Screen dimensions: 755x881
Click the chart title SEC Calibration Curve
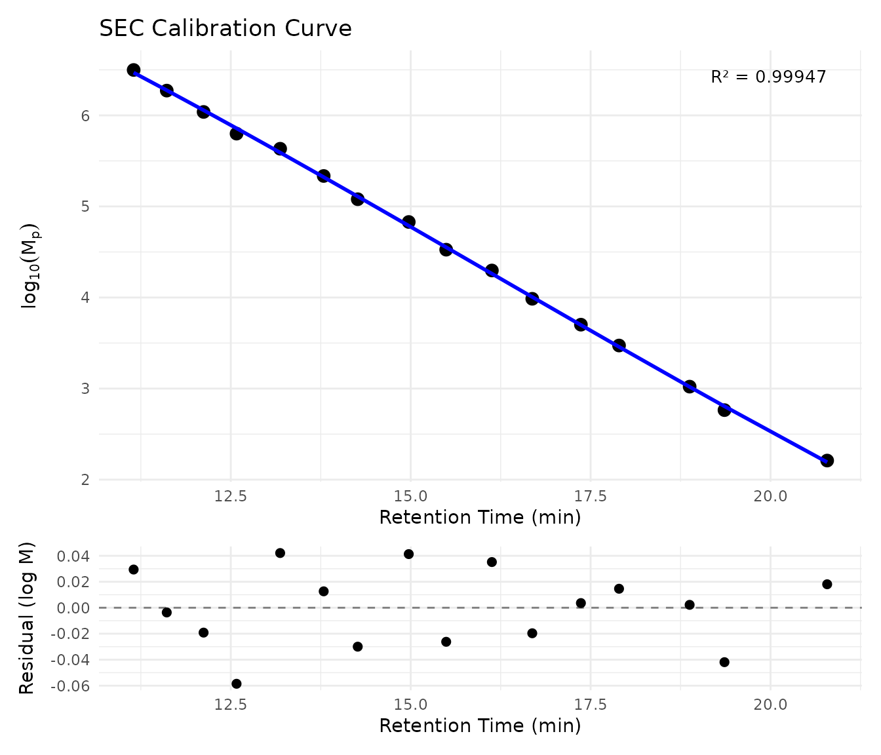225,29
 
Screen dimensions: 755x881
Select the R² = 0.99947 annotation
768,77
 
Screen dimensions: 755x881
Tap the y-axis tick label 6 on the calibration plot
85,116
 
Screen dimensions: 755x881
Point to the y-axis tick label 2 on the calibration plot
85,480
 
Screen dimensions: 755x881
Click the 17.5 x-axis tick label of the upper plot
590,496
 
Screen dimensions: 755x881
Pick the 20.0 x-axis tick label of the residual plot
770,705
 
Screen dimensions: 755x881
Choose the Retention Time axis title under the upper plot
480,518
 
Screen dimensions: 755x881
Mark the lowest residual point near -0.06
237,684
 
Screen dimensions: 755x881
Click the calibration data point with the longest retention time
827,460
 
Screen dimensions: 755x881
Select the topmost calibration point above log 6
134,70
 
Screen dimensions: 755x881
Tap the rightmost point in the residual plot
827,584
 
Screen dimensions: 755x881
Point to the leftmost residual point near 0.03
134,570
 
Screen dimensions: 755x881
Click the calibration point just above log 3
689,387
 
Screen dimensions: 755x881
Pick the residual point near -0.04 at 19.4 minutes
724,662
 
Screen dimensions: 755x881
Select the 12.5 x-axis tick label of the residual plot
231,705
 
